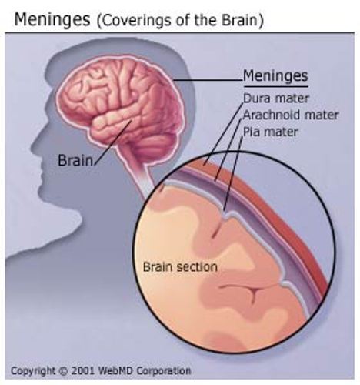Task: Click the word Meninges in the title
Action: [52, 20]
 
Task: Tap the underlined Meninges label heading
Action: [275, 75]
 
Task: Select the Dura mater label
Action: [276, 99]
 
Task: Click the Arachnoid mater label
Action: [291, 115]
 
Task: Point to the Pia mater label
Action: [270, 132]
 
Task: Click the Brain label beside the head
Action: [75, 160]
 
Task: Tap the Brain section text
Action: [180, 267]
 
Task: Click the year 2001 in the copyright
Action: [83, 371]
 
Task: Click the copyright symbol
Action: [62, 371]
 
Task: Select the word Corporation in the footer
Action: [164, 371]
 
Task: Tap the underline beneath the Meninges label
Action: [275, 86]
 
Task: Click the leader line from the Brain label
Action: [113, 142]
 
